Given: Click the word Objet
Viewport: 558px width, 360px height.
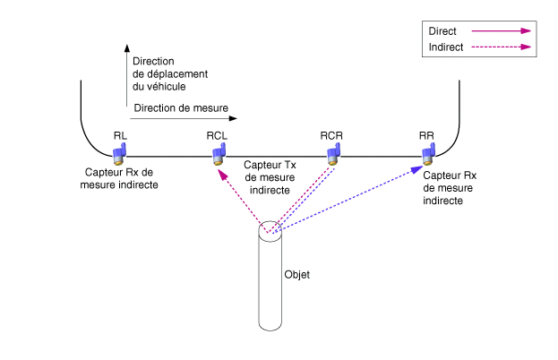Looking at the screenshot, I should pos(296,275).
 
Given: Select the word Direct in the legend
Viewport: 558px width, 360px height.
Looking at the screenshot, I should pos(442,30).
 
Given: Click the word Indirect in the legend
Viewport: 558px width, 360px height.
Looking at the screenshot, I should pos(446,47).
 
